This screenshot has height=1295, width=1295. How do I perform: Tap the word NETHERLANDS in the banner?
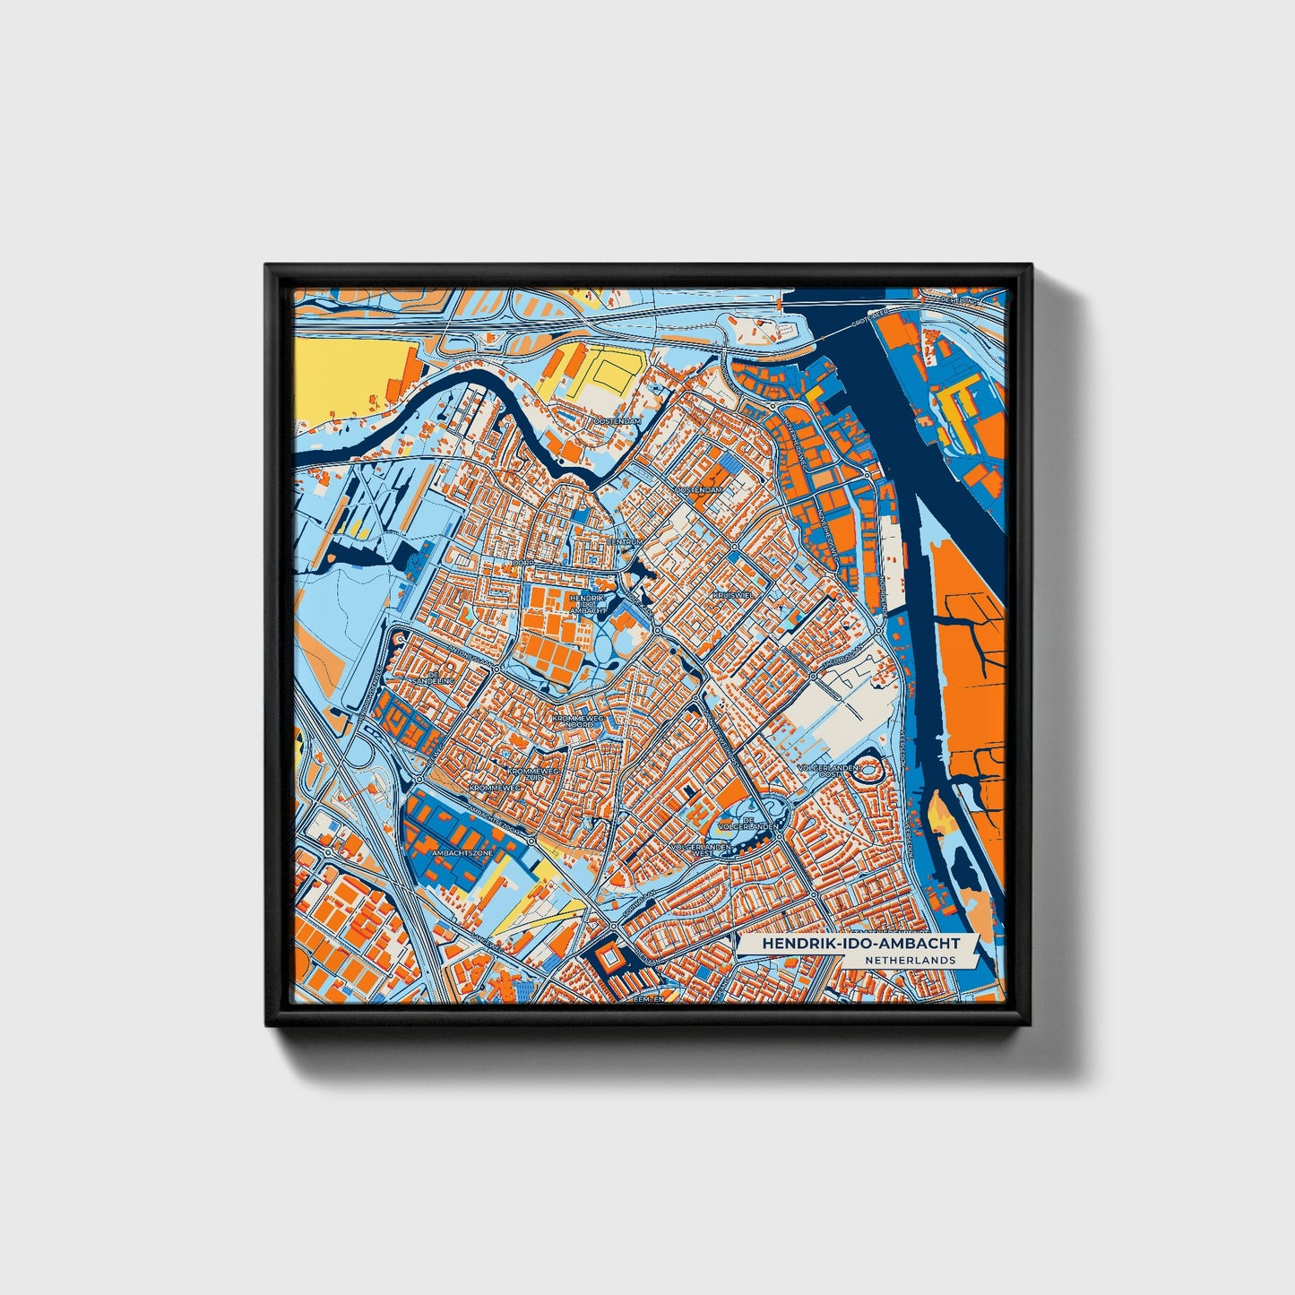pyautogui.click(x=911, y=960)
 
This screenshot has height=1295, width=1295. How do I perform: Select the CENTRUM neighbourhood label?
pyautogui.click(x=625, y=542)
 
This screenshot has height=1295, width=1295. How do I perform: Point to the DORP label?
pyautogui.click(x=523, y=562)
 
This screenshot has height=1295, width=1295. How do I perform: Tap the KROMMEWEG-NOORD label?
pyautogui.click(x=579, y=721)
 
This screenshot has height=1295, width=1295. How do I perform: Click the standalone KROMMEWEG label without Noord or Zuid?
pyautogui.click(x=495, y=787)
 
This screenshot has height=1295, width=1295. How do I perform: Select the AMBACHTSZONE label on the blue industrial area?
pyautogui.click(x=462, y=853)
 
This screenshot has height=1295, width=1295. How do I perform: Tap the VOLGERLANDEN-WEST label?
pyautogui.click(x=704, y=849)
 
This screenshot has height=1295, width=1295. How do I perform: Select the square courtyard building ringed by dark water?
pyautogui.click(x=611, y=961)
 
